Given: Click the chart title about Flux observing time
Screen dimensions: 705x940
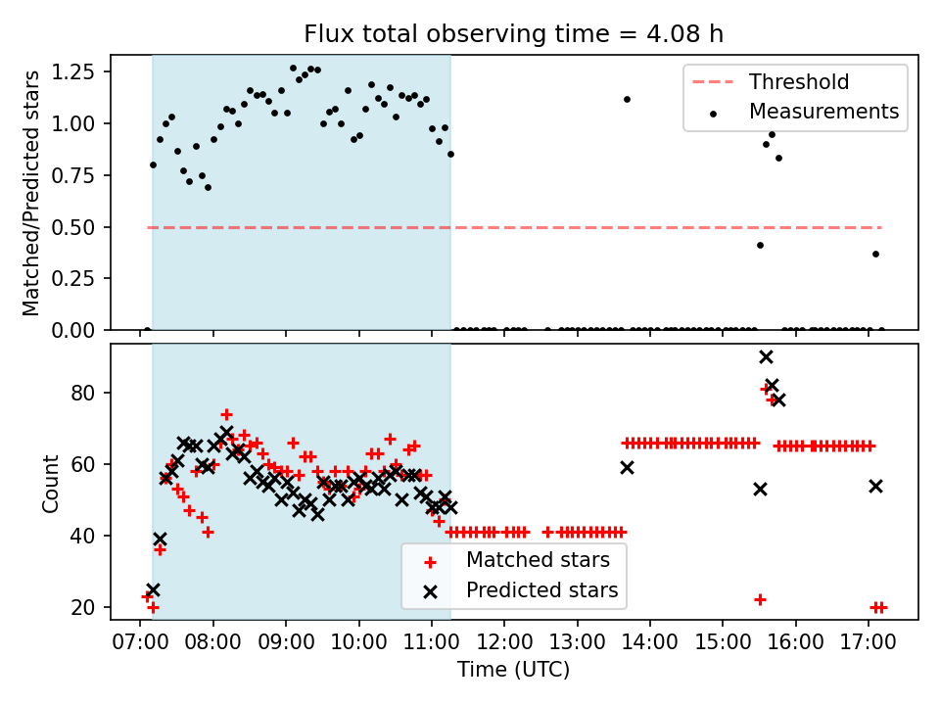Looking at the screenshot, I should pos(514,34).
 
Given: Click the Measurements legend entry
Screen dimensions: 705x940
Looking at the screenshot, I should pos(823,112).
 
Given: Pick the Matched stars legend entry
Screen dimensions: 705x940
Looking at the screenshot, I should pos(538,560).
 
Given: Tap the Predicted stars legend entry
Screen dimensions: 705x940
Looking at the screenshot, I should pos(541,590).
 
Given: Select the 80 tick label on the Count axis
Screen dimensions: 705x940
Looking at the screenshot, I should pos(86,394).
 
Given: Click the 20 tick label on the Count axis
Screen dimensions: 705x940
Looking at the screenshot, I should pos(86,608).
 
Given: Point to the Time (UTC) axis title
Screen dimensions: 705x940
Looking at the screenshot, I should pos(514,671).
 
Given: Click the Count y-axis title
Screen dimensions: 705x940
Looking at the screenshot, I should pos(49,483).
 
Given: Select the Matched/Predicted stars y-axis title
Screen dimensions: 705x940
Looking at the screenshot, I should pos(31,193).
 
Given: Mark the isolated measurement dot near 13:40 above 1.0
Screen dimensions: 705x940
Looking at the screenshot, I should pos(627,99).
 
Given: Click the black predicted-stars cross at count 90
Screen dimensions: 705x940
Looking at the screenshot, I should pos(766,356).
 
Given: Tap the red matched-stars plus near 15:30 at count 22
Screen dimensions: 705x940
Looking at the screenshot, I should pos(760,599).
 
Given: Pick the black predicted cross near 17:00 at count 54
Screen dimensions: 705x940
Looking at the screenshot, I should pos(875,486).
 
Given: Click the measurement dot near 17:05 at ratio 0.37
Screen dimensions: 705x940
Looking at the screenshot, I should pos(875,254).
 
